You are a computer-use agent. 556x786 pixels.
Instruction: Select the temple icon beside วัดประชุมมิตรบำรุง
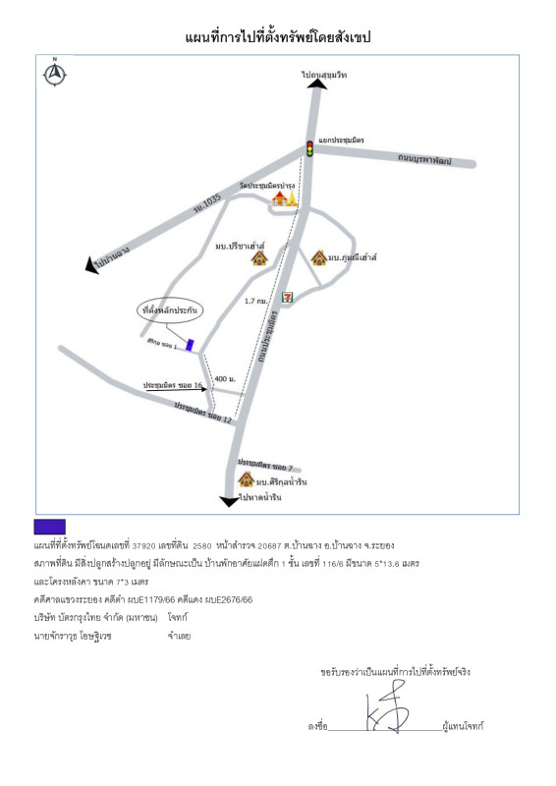click(x=284, y=200)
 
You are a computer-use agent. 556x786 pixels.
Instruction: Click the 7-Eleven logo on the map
click(x=287, y=293)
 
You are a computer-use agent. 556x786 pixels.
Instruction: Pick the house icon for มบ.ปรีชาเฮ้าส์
click(x=259, y=257)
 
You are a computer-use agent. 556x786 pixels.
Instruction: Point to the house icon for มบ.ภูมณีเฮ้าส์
click(x=318, y=257)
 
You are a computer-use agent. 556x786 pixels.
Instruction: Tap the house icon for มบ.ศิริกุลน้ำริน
click(x=247, y=479)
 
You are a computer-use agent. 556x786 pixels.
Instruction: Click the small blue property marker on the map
click(x=191, y=346)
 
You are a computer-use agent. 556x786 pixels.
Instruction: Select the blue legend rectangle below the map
click(x=49, y=528)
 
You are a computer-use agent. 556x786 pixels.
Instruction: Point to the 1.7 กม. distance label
click(x=256, y=302)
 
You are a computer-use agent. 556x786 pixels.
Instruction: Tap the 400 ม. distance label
click(x=225, y=378)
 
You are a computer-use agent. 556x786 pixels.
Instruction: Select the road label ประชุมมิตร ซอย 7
click(x=264, y=464)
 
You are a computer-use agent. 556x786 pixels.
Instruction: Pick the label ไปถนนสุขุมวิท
click(x=325, y=75)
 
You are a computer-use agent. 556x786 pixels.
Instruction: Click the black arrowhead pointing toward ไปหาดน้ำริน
click(x=229, y=501)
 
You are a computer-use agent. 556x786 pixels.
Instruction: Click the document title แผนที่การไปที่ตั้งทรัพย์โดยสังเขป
click(x=278, y=37)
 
